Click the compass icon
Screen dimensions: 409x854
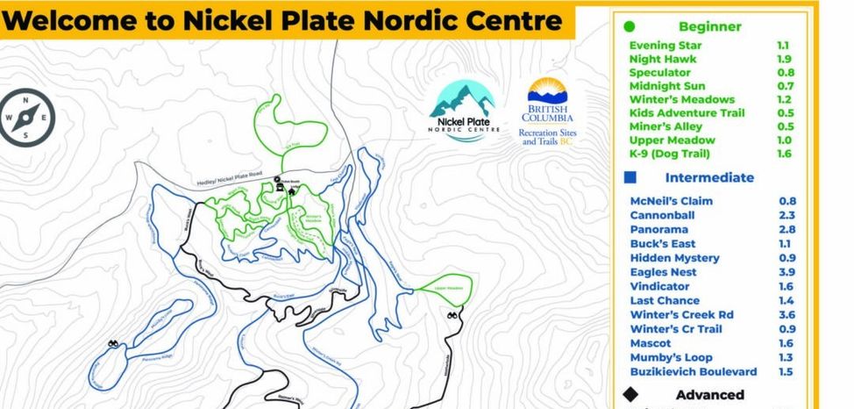tap(27, 118)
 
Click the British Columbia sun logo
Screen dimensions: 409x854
tap(548, 93)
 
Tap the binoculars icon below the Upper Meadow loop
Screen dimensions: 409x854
tap(452, 316)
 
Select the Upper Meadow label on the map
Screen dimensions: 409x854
tap(447, 288)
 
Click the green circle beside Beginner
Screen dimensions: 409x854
tap(629, 27)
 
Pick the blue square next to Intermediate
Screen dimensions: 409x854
tap(630, 177)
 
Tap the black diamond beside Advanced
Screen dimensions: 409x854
tap(630, 395)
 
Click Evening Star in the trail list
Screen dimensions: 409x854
tap(665, 46)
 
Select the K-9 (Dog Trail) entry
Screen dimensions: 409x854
tap(669, 154)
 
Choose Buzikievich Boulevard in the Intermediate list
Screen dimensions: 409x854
tap(694, 372)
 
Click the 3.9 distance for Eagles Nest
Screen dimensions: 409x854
tap(787, 273)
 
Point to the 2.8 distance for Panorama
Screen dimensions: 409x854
tap(787, 230)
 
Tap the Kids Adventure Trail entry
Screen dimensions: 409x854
tap(687, 113)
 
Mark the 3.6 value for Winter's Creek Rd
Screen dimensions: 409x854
tap(787, 315)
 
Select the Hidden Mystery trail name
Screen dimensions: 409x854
tap(674, 258)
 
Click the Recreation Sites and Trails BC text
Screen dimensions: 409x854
tap(548, 137)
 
